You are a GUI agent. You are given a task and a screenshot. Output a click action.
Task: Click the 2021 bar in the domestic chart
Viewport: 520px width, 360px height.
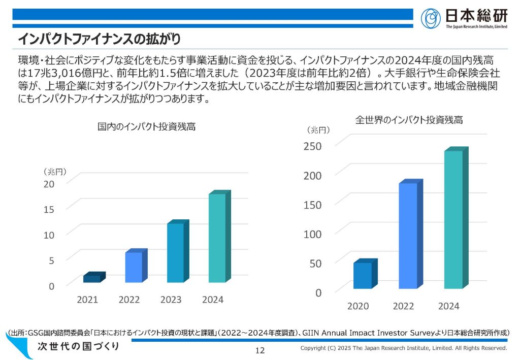92,278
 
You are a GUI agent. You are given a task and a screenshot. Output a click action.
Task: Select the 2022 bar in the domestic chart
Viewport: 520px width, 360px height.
134,267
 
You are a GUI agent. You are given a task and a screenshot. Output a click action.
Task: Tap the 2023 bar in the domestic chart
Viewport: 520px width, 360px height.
176,253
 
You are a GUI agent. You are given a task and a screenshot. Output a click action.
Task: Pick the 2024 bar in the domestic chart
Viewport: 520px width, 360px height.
217,238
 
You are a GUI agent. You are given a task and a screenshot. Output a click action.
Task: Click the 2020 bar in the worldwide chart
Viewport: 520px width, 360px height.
363,275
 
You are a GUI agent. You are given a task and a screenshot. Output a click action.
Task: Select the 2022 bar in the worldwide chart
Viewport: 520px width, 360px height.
408,236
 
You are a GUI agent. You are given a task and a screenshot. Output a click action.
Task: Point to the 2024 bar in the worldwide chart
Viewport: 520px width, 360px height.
453,219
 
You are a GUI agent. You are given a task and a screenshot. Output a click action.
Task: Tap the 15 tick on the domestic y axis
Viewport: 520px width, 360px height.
48,209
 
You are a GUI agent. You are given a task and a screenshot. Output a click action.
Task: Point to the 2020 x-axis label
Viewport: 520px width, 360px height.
358,306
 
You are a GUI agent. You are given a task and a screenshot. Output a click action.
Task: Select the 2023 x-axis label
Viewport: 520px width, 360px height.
171,300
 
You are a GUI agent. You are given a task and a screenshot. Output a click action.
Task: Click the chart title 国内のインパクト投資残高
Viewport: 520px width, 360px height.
146,127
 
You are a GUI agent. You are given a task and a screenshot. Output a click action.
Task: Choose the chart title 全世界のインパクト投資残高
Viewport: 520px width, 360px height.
408,120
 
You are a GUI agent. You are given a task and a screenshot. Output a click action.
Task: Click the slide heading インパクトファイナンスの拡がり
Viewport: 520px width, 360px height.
100,39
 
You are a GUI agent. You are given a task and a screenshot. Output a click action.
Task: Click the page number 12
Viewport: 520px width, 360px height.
260,350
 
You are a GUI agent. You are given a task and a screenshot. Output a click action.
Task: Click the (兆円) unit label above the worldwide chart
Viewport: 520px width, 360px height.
318,130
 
